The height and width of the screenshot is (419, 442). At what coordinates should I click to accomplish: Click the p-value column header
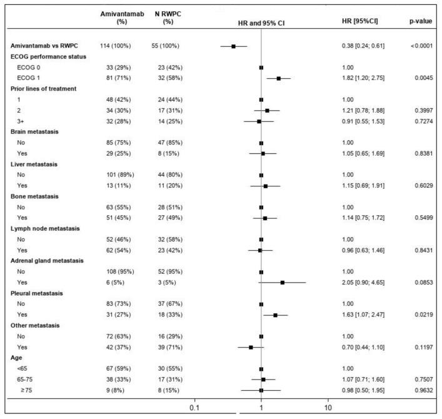(420, 21)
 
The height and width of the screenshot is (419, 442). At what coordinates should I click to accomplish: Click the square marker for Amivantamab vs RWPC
(233, 46)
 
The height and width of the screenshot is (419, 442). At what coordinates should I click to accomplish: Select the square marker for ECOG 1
(278, 79)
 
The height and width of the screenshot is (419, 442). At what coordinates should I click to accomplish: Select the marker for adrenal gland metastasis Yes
(282, 282)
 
